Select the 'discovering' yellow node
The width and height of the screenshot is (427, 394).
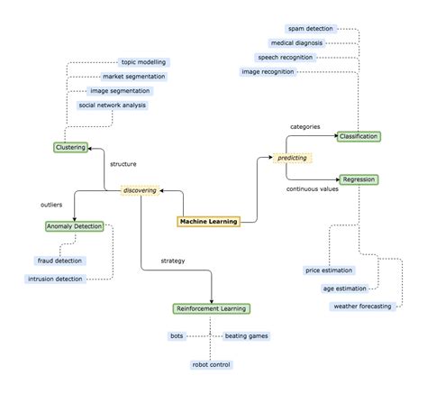140,190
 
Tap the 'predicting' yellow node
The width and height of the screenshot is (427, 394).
291,158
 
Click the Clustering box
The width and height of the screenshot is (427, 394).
69,147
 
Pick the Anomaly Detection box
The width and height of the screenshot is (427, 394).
74,226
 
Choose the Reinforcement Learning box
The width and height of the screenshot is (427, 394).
211,308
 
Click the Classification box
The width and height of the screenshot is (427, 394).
359,136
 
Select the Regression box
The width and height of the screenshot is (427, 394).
359,179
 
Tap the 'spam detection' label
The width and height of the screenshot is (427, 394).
311,29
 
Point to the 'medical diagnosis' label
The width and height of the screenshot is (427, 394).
296,42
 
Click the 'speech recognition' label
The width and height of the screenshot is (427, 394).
286,57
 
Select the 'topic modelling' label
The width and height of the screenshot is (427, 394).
143,62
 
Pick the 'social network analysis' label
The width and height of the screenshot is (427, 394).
112,105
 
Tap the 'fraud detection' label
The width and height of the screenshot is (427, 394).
59,261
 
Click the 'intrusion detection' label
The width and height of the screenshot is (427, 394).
55,279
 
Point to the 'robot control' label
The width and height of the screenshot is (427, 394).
211,364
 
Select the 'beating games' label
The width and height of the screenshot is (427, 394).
246,335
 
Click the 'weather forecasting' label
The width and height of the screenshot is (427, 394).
362,307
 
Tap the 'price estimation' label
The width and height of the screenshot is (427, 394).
330,270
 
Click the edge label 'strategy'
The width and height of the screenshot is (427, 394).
173,261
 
